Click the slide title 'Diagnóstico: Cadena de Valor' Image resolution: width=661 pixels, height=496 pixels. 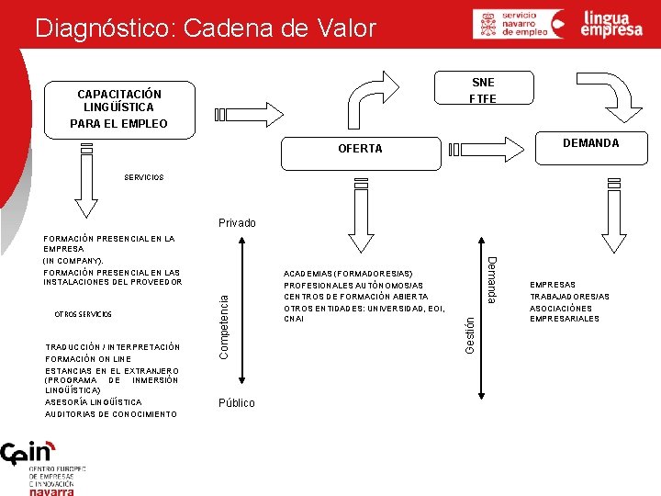tap(205, 28)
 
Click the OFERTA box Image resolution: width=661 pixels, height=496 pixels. tap(360, 148)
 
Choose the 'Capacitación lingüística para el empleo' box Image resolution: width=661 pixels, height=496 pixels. tap(119, 108)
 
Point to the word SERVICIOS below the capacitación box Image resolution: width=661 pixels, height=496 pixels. tap(144, 177)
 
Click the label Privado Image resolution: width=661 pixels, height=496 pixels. tap(237, 223)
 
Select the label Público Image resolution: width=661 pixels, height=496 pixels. tap(237, 403)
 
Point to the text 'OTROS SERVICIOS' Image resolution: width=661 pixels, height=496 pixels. tap(84, 314)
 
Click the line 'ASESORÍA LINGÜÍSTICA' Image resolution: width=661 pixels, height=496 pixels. tap(94, 402)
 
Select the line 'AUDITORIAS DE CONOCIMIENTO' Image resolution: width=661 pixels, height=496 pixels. tap(111, 414)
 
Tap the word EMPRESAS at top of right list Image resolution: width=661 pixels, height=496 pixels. tap(553, 286)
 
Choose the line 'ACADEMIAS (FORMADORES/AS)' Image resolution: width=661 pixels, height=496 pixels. tap(348, 274)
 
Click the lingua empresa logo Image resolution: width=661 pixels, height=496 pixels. tap(612, 24)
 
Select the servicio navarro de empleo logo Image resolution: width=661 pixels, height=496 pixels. tap(519, 24)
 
